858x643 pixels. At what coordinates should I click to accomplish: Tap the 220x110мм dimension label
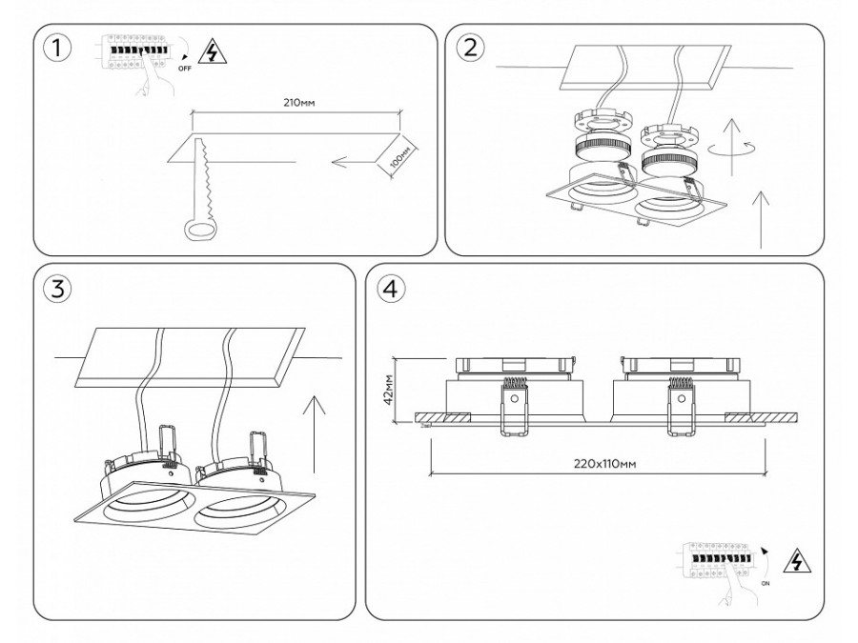(603, 464)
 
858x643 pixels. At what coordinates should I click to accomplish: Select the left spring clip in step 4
(515, 406)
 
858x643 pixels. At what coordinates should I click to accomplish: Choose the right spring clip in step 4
(683, 406)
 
